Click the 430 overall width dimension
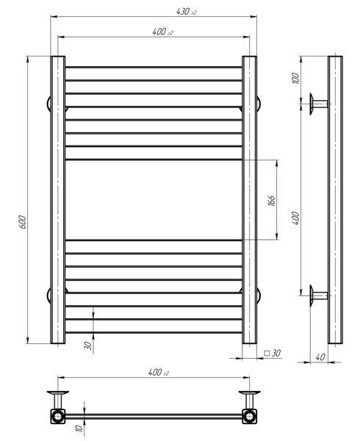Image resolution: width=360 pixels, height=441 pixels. point(187,12)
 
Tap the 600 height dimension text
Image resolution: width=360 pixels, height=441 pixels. point(23,222)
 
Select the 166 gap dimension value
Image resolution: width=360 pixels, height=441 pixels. point(272,200)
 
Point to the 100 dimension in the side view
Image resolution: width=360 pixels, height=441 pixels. point(295,78)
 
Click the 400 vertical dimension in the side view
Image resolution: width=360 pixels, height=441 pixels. point(295,218)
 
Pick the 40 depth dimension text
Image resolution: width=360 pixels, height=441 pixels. point(320,357)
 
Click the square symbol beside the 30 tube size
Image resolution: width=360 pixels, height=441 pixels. point(267,353)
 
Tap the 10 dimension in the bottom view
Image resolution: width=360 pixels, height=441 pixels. point(79,428)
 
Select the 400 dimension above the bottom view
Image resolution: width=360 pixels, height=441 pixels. point(159,373)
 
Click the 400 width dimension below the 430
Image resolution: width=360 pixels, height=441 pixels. point(162,32)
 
